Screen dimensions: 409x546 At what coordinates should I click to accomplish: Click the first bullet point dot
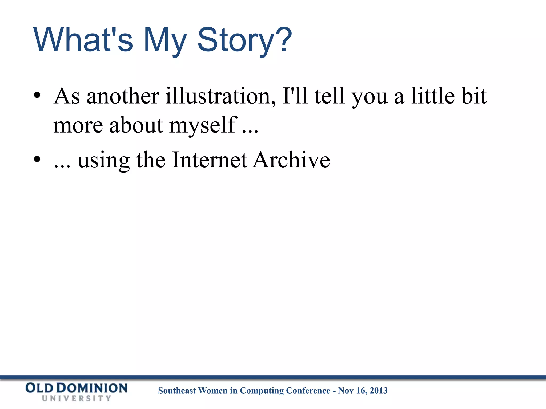tap(37, 95)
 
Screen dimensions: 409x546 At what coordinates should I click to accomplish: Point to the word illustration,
tap(220, 96)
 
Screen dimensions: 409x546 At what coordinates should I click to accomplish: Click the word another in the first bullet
tap(123, 96)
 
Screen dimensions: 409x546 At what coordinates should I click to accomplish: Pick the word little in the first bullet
tap(433, 96)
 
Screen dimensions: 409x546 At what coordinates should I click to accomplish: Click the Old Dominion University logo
tap(77, 392)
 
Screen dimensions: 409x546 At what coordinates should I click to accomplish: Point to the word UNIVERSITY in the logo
tap(77, 399)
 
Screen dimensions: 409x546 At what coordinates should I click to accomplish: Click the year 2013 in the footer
tap(379, 391)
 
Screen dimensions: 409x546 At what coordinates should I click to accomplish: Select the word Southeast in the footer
tap(177, 391)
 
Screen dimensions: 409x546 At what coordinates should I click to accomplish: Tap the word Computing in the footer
tap(258, 391)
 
